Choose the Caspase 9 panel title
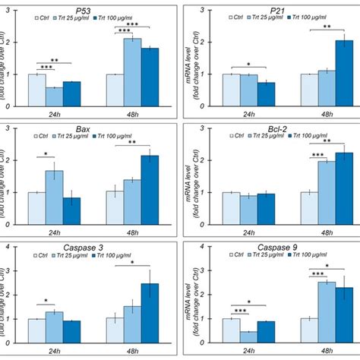pos(286,249)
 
